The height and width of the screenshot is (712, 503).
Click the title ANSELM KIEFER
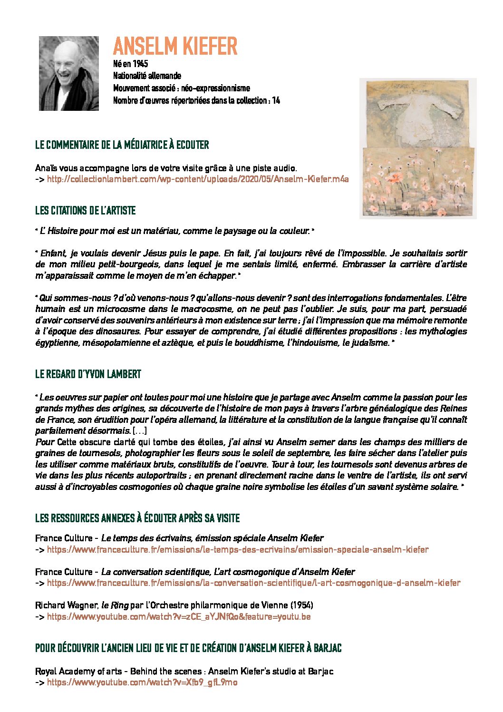tap(175, 46)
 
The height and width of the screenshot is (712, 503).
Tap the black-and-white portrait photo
tap(69, 74)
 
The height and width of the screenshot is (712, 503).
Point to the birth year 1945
tap(140, 64)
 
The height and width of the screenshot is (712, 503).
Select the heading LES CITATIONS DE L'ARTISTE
tap(86, 210)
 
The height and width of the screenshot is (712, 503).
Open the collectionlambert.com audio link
tap(198, 179)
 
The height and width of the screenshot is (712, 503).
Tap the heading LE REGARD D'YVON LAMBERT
tap(88, 374)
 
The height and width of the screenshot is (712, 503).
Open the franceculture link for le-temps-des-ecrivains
tap(237, 549)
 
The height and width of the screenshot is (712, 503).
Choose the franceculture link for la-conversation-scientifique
tap(253, 583)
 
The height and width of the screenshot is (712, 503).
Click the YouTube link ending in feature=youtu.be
tap(179, 616)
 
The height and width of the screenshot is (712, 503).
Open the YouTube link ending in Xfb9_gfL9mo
tap(142, 683)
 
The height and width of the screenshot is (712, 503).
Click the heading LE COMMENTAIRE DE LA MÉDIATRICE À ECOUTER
tap(122, 145)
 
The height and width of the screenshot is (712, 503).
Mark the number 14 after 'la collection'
tap(276, 100)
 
